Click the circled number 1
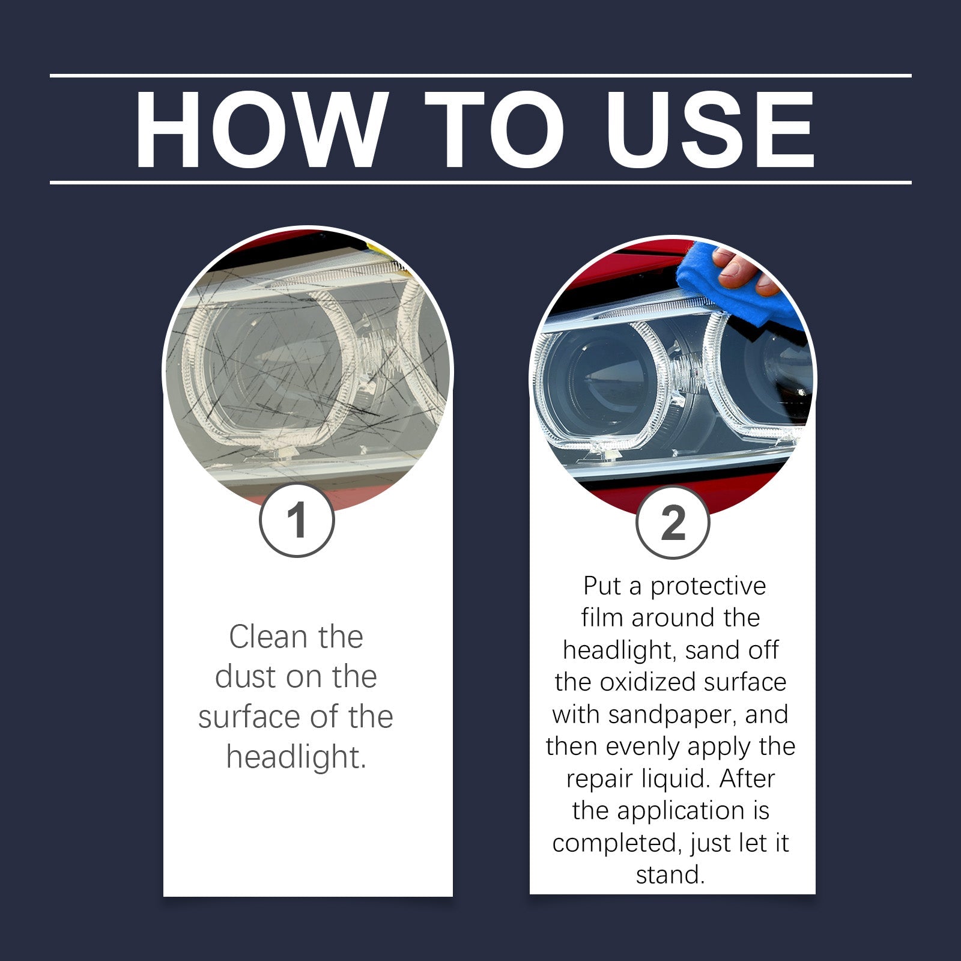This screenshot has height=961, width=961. (297, 520)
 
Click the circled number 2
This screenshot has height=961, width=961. (673, 523)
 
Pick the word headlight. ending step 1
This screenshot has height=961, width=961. (296, 757)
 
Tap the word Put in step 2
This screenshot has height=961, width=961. (602, 586)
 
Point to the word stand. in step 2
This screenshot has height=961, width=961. (670, 875)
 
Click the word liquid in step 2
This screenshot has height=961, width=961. (675, 779)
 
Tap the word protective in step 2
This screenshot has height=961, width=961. (708, 586)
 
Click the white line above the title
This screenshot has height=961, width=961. (480, 76)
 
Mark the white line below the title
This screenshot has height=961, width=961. (480, 182)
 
